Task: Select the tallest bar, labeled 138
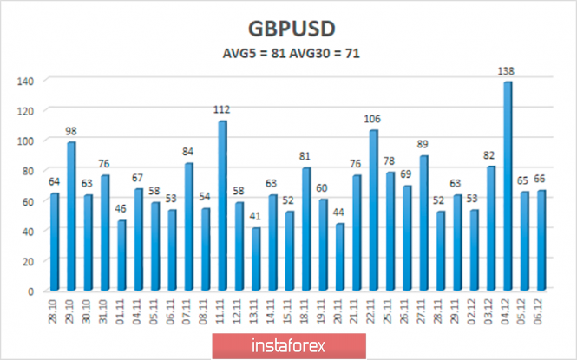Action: click(x=508, y=187)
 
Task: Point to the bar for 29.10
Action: click(x=71, y=216)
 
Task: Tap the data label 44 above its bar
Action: click(x=340, y=213)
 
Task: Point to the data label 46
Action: click(x=121, y=211)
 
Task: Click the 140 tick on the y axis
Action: click(x=25, y=81)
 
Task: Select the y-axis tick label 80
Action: click(x=28, y=171)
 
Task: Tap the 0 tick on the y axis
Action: click(x=31, y=291)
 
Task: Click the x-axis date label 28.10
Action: click(x=54, y=316)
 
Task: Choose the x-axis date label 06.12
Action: click(x=541, y=316)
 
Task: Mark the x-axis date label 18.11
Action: click(x=305, y=316)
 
